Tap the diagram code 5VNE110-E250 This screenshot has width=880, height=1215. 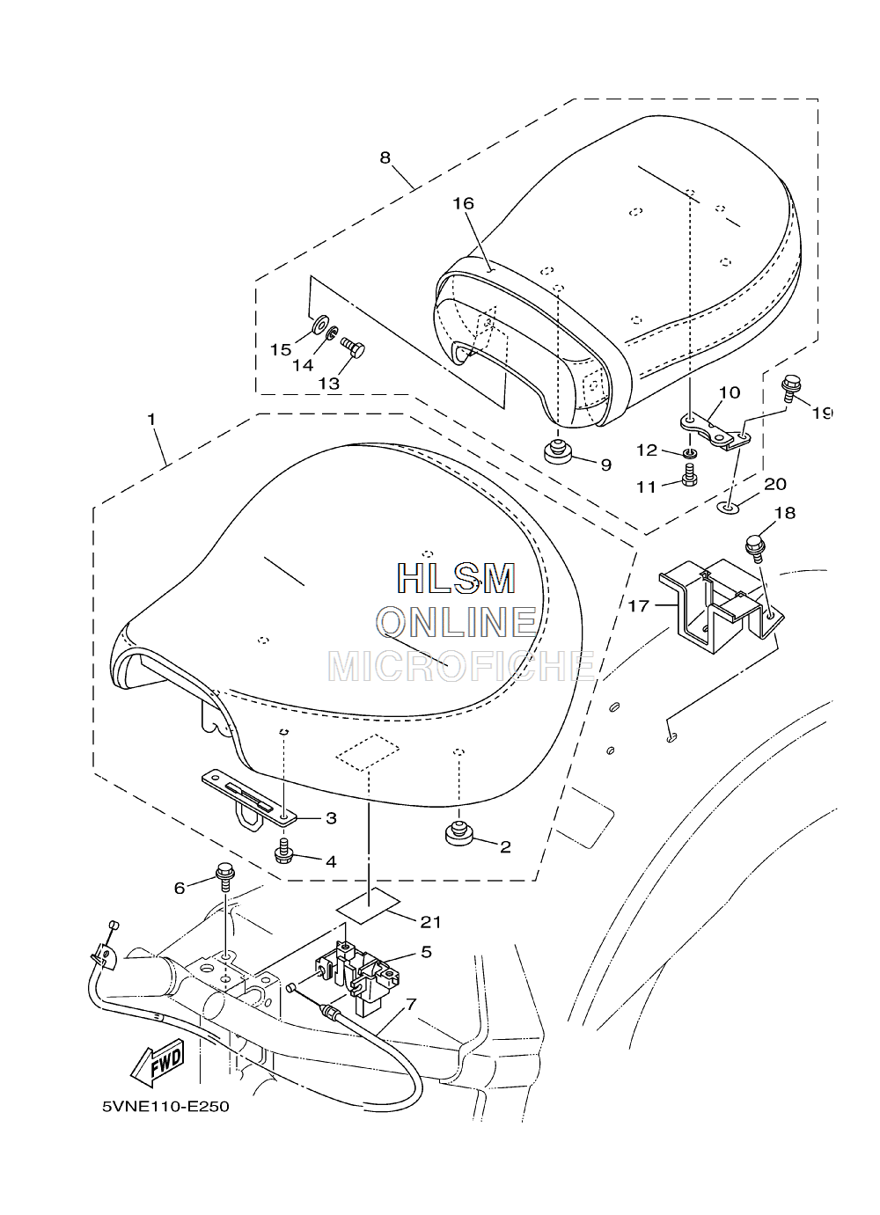click(166, 1117)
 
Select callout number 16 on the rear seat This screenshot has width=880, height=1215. click(464, 203)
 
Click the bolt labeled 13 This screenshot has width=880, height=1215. click(353, 348)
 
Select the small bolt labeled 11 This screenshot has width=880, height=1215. click(689, 474)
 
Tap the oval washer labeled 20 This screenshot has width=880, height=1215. click(728, 509)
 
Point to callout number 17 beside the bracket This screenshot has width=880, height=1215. click(639, 605)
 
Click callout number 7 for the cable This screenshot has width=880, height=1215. click(411, 1004)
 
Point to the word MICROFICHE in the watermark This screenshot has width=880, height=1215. click(461, 667)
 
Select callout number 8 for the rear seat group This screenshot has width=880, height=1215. click(385, 157)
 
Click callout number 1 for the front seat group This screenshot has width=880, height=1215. click(151, 419)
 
